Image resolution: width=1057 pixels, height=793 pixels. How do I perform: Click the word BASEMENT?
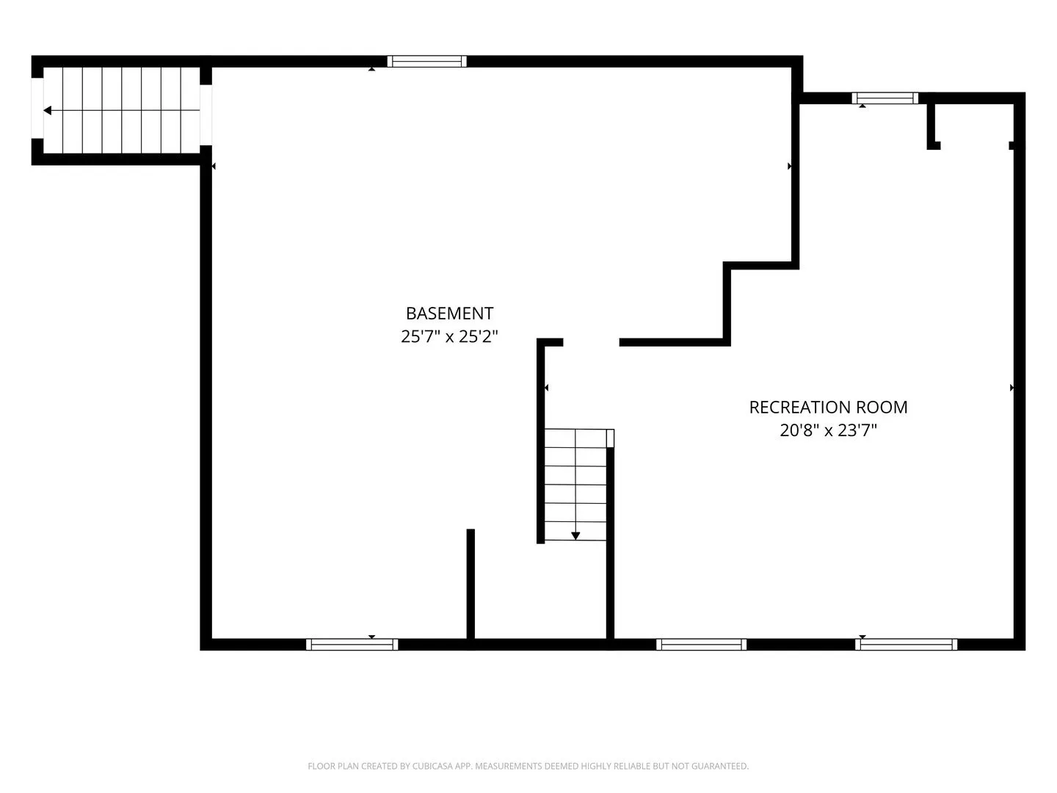pyautogui.click(x=449, y=314)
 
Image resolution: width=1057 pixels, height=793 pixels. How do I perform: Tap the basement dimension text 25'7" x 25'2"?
pyautogui.click(x=449, y=336)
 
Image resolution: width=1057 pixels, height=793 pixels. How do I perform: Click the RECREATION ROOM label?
pyautogui.click(x=828, y=408)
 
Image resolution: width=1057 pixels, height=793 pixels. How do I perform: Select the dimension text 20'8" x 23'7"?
pyautogui.click(x=828, y=430)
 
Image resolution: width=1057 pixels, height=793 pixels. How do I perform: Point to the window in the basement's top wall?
pyautogui.click(x=426, y=61)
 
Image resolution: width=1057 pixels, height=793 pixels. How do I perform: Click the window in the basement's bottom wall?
pyautogui.click(x=352, y=644)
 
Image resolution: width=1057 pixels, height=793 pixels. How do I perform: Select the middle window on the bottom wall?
pyautogui.click(x=701, y=644)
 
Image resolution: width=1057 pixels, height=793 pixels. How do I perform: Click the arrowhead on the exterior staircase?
pyautogui.click(x=47, y=111)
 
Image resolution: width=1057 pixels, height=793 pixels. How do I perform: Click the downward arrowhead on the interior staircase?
pyautogui.click(x=575, y=536)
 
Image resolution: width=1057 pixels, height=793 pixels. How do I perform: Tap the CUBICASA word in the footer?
pyautogui.click(x=430, y=766)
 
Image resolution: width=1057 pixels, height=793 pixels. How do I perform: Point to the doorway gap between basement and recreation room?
pyautogui.click(x=592, y=342)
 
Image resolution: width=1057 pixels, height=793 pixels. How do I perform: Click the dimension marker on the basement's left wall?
pyautogui.click(x=214, y=166)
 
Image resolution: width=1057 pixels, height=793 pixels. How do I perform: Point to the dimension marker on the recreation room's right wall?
pyautogui.click(x=1011, y=388)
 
